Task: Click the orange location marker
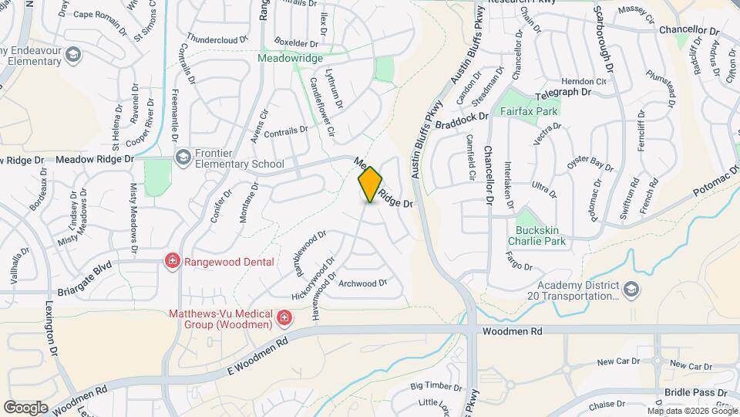point(370,185)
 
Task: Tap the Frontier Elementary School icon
point(183,158)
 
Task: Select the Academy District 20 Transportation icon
point(631,289)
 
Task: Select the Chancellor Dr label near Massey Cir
point(688,30)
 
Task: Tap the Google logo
point(26,407)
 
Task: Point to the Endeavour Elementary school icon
point(73,55)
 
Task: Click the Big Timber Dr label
point(436,385)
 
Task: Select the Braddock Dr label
point(462,119)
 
